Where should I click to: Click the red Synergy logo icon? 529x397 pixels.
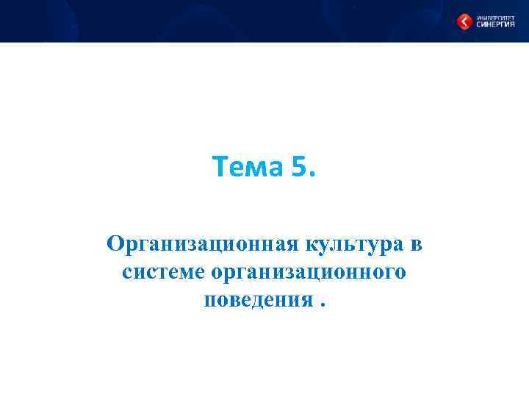click(465, 22)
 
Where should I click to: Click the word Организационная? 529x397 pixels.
click(200, 243)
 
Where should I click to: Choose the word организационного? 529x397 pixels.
click(308, 273)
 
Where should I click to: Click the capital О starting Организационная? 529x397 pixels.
click(115, 243)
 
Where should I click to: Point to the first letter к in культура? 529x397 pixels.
click(307, 245)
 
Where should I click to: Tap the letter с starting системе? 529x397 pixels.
click(127, 274)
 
